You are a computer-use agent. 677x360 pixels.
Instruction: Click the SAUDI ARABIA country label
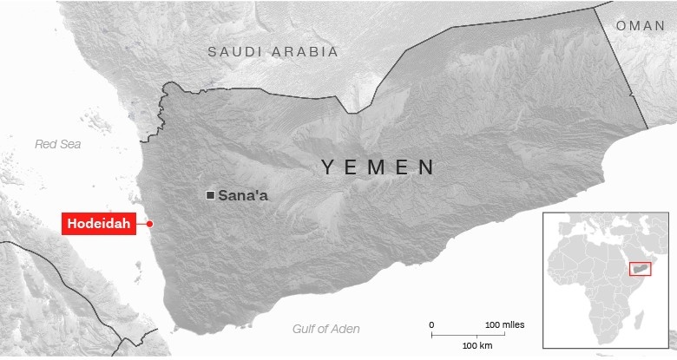(273, 52)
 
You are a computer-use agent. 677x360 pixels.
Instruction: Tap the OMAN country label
(641, 26)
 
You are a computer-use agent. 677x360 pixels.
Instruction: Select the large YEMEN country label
(378, 167)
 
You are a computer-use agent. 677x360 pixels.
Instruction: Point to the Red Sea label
(57, 144)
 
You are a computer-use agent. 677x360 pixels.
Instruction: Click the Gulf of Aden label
(325, 329)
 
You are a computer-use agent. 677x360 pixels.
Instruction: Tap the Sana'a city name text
(243, 195)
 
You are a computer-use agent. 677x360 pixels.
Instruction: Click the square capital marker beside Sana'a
(210, 195)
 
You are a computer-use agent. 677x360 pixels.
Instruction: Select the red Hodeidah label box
(99, 224)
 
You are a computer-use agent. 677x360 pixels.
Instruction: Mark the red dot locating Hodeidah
(150, 224)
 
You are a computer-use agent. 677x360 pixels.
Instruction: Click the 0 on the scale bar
(432, 324)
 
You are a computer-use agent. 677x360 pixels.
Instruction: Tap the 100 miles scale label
(504, 324)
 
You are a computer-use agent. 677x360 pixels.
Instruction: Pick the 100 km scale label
(477, 346)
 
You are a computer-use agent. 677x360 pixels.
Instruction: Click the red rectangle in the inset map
(640, 270)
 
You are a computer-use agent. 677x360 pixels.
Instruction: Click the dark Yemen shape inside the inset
(641, 271)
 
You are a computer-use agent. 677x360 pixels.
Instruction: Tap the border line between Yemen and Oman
(621, 69)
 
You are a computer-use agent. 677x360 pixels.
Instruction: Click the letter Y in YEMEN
(328, 167)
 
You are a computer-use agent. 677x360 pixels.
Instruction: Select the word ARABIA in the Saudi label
(305, 52)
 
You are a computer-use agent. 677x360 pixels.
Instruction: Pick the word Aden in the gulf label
(345, 329)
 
